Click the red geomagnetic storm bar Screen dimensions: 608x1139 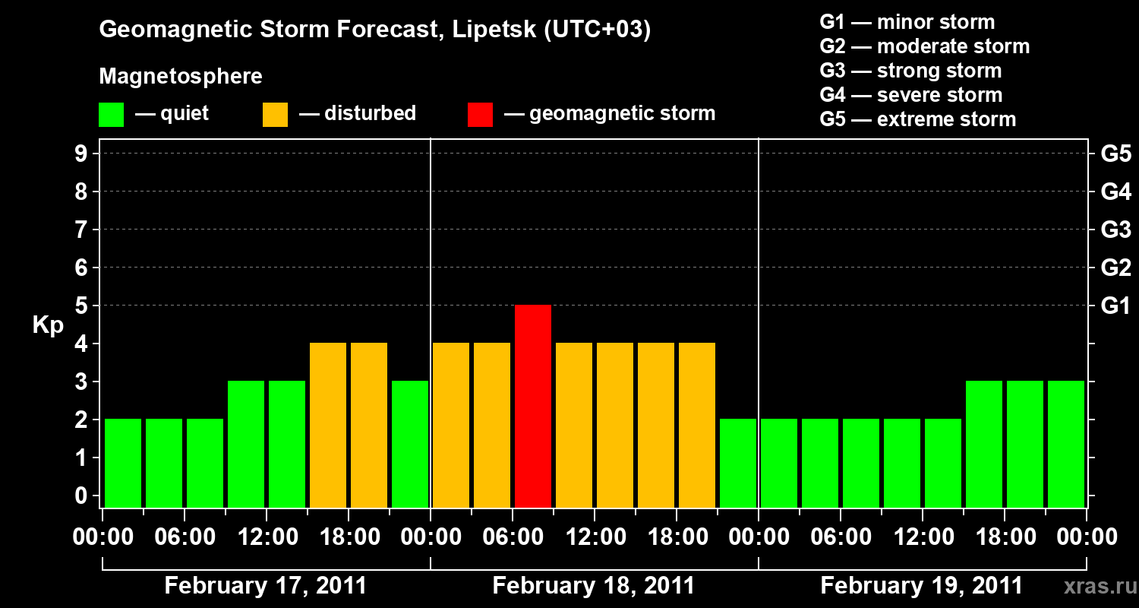[x=533, y=406]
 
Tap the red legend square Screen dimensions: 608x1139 [x=480, y=114]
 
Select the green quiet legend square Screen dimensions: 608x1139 [x=111, y=114]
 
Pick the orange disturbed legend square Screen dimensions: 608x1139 [x=275, y=114]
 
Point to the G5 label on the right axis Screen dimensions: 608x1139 [x=1115, y=154]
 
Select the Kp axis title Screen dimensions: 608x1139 [x=48, y=325]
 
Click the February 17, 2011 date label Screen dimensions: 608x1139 [x=265, y=586]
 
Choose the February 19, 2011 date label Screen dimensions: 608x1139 [x=921, y=586]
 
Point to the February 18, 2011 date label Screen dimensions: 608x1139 [x=593, y=586]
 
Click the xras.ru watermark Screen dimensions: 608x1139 [x=1100, y=587]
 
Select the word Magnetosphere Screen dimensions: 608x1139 [x=181, y=77]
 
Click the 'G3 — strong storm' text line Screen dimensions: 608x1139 [x=910, y=71]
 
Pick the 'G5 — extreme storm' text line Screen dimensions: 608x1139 [x=917, y=119]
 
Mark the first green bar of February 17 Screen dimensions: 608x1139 [x=123, y=463]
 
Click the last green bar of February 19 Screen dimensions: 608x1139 [x=1066, y=444]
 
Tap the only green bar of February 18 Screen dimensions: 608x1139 [x=738, y=463]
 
